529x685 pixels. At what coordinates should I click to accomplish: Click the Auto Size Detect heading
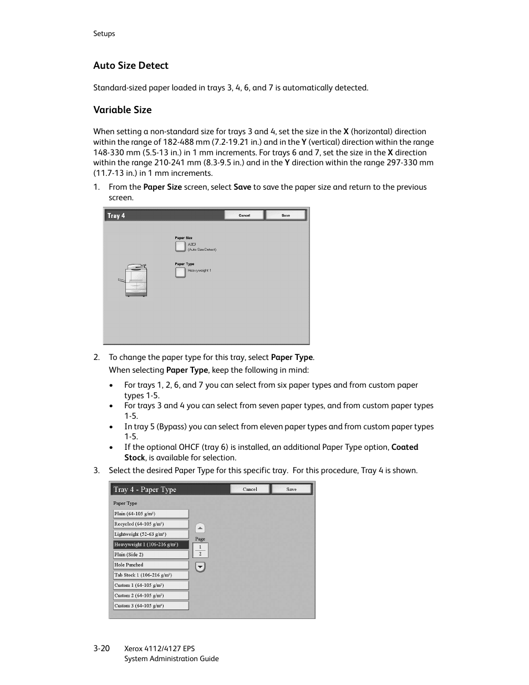(130, 65)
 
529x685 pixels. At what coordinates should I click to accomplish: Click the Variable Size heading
(122, 110)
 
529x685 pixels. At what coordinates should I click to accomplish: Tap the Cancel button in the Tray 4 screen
(244, 215)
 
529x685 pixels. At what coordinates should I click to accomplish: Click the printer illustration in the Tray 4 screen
(135, 280)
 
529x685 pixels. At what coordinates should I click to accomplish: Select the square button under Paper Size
(180, 246)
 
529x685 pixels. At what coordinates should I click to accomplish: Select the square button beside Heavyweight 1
(180, 272)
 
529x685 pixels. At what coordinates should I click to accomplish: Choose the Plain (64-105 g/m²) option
(151, 514)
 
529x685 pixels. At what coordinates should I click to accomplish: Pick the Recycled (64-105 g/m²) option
(151, 524)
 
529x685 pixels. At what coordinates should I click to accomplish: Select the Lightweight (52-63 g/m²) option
(151, 534)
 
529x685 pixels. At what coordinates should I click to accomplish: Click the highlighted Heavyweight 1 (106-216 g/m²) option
(151, 545)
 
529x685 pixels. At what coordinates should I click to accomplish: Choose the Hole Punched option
(151, 565)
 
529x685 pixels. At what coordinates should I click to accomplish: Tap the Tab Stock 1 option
(151, 575)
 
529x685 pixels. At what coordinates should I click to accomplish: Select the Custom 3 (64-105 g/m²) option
(151, 606)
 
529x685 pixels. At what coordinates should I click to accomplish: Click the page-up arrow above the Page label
(200, 528)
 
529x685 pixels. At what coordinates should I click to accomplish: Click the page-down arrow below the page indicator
(200, 567)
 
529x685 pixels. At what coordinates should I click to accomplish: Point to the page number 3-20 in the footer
(101, 648)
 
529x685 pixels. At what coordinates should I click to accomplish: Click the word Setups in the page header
(104, 34)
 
